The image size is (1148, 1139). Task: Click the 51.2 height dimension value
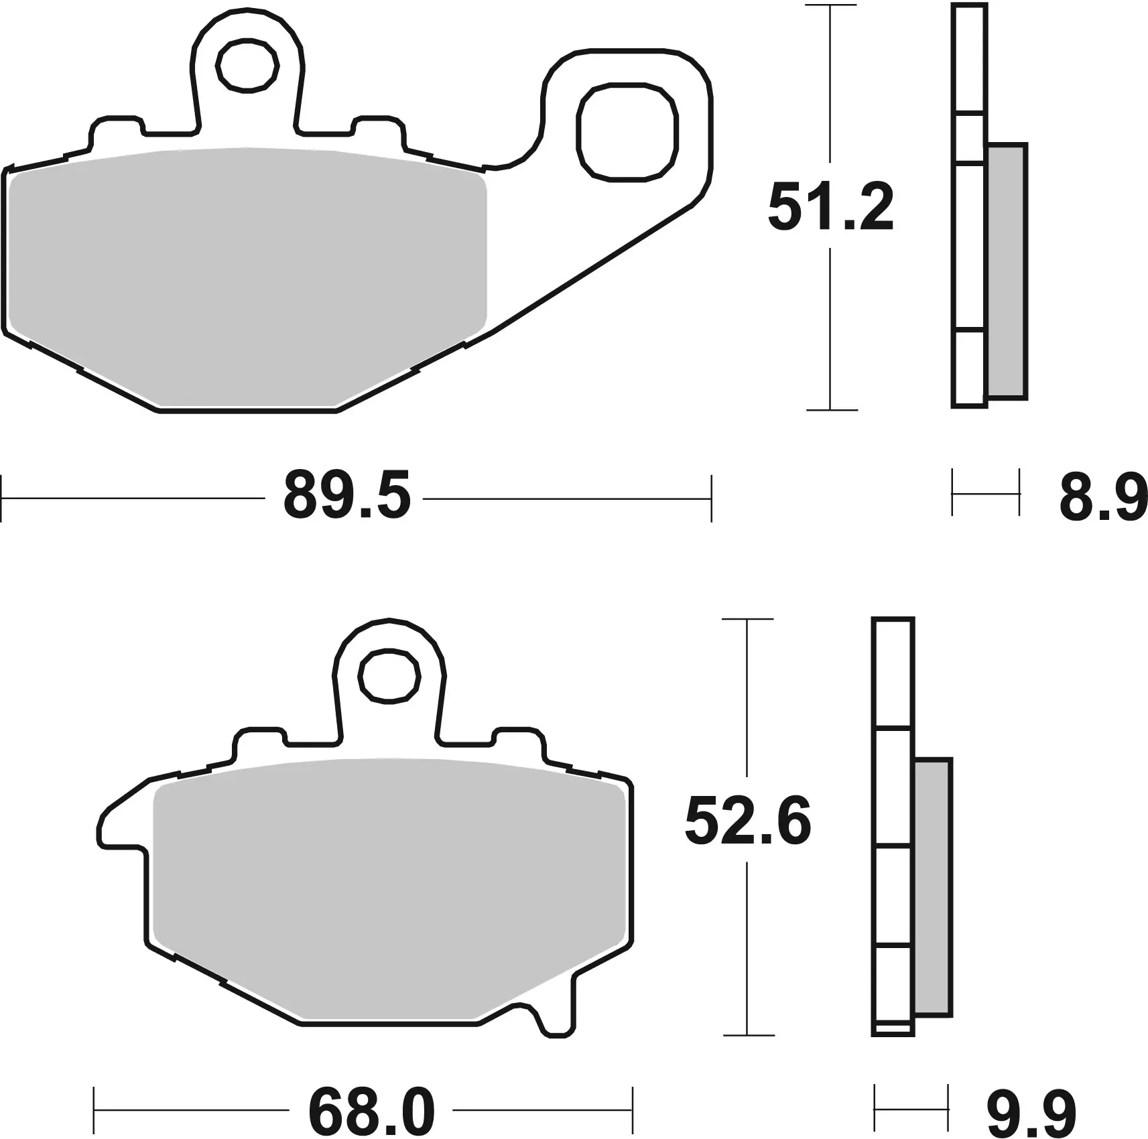click(830, 208)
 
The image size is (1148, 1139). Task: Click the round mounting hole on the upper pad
click(247, 65)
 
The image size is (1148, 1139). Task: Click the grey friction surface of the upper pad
click(248, 275)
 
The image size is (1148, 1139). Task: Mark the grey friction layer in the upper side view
click(1007, 271)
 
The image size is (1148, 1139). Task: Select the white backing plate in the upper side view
click(969, 234)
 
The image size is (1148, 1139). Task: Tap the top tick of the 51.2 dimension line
click(830, 5)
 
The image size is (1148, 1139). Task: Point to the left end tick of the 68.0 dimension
click(94, 1111)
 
